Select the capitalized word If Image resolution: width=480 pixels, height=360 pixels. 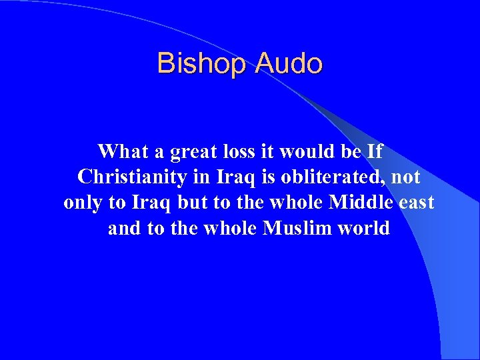pyautogui.click(x=375, y=152)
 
